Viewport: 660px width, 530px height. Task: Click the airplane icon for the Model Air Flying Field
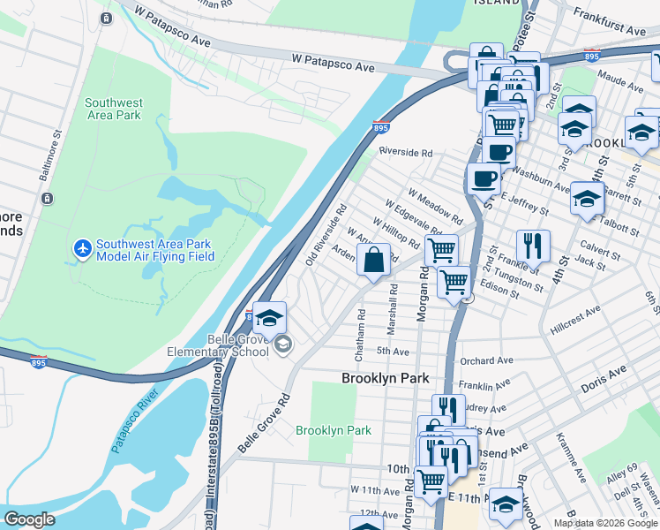point(83,248)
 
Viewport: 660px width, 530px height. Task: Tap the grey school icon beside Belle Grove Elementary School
point(282,344)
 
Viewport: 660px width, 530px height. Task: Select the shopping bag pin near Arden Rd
point(374,261)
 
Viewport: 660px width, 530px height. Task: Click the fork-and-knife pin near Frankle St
point(533,246)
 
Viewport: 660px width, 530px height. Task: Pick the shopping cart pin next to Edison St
point(454,284)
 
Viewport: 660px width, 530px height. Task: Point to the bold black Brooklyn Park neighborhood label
point(386,378)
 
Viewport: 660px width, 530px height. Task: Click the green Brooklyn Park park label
point(334,430)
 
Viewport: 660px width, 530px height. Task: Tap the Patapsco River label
point(134,420)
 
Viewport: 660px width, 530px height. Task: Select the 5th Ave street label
point(394,352)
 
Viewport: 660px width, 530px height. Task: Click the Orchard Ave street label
point(486,360)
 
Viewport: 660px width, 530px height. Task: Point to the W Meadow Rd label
point(435,205)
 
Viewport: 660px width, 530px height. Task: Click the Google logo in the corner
point(30,519)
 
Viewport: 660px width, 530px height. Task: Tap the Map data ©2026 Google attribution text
point(604,523)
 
